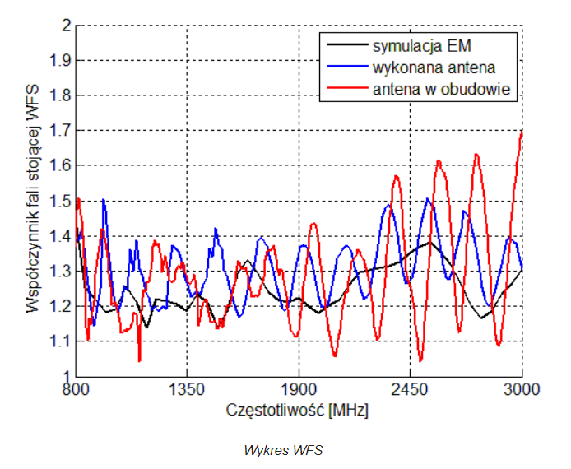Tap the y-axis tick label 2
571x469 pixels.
tap(64, 26)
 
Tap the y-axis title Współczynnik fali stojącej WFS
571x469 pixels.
tap(33, 201)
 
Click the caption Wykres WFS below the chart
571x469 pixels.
tap(284, 450)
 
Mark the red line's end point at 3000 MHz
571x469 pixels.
tap(522, 132)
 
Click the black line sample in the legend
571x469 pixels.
tap(346, 44)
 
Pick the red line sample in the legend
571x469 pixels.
tap(346, 88)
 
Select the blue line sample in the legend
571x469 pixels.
tap(346, 66)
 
